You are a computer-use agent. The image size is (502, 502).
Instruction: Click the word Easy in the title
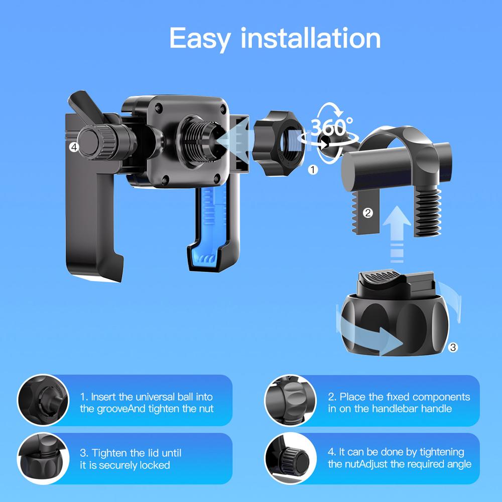200,38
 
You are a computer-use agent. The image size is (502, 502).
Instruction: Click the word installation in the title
310,38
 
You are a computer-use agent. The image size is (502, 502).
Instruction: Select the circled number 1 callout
313,170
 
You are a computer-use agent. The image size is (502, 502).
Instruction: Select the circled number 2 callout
367,213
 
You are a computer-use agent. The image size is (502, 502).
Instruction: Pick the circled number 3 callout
452,346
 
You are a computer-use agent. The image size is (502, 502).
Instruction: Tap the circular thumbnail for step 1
43,400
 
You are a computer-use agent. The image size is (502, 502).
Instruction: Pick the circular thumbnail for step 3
43,458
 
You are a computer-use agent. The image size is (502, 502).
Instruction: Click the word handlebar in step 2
397,409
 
